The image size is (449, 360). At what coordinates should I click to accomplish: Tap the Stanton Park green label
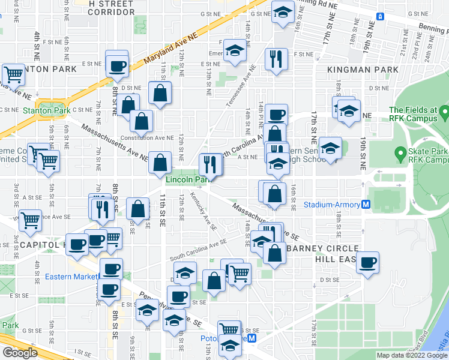point(46,110)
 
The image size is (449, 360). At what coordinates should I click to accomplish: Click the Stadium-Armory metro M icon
point(366,205)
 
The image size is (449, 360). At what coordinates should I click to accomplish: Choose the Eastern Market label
point(70,277)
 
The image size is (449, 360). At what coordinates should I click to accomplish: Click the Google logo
point(20,353)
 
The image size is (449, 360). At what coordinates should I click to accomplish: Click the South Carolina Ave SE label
point(199,246)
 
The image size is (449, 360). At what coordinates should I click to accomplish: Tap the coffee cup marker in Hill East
point(368,262)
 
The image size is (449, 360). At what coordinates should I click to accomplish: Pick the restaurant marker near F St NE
point(276,59)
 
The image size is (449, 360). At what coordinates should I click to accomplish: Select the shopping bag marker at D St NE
point(160,93)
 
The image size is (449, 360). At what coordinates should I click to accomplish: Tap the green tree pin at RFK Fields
point(444,112)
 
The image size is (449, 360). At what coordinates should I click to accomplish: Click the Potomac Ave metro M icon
point(253,338)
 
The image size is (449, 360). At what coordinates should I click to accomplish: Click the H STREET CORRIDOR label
point(110,8)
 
